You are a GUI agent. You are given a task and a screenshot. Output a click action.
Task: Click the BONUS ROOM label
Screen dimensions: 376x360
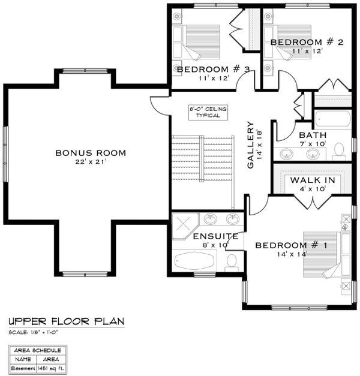[91, 153]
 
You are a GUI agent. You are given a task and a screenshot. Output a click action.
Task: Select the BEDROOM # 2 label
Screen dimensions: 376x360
[306, 42]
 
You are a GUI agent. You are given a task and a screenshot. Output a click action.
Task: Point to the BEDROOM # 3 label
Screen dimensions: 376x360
[213, 70]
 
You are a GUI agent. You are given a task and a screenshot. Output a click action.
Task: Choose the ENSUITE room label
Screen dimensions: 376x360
[215, 237]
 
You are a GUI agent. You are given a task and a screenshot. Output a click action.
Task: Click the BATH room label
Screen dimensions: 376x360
[312, 135]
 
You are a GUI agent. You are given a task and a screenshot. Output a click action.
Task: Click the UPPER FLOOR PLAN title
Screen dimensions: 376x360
[67, 322]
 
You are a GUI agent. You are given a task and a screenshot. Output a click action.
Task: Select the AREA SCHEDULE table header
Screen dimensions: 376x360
[38, 350]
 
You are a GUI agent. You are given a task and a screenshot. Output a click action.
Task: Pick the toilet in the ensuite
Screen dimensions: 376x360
[232, 261]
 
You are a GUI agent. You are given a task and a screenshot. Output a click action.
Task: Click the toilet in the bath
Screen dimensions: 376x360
[338, 150]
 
